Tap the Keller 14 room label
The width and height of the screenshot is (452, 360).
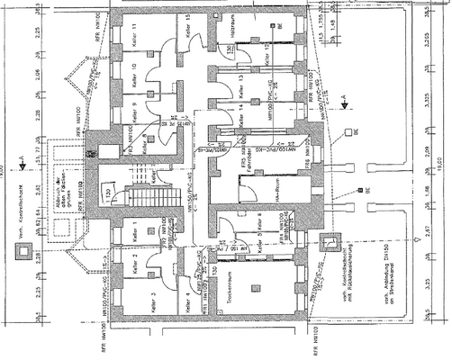tap(243, 115)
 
